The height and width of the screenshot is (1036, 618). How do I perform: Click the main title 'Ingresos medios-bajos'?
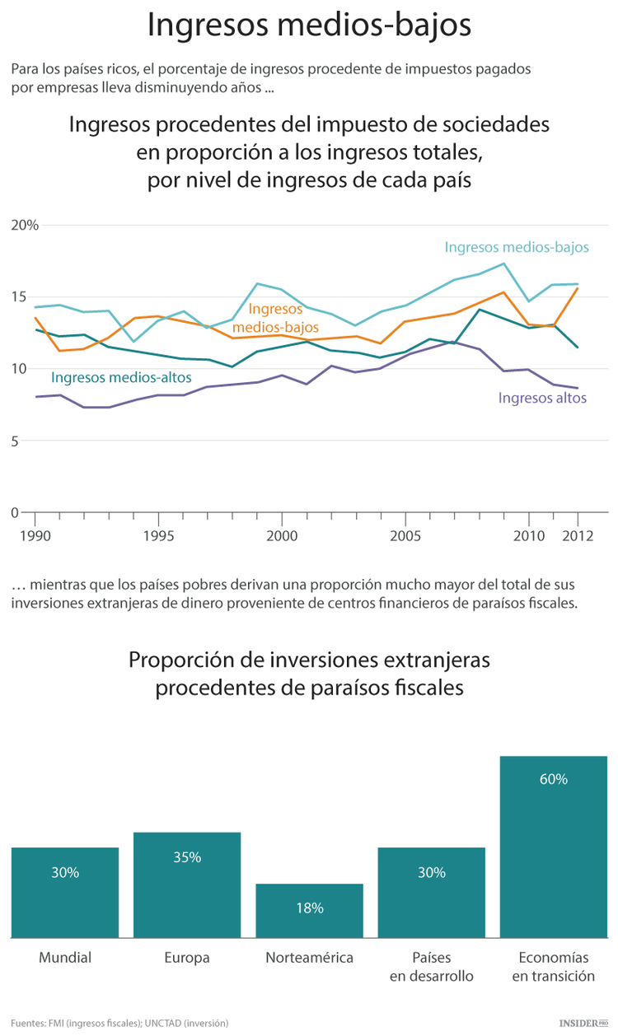click(x=309, y=25)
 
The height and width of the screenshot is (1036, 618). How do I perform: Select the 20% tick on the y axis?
click(x=25, y=225)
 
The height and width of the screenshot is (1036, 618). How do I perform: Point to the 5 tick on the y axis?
click(x=15, y=441)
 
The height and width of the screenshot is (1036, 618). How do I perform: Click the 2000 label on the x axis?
click(x=282, y=534)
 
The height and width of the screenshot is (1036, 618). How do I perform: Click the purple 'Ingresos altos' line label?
click(x=542, y=398)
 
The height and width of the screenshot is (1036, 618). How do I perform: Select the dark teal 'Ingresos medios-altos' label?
click(x=121, y=377)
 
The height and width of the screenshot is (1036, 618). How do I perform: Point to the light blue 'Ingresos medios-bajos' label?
click(x=517, y=247)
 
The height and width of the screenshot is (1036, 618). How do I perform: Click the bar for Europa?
click(x=187, y=884)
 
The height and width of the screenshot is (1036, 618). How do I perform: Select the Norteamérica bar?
click(x=309, y=910)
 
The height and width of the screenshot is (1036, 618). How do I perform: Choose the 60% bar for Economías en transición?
click(x=553, y=847)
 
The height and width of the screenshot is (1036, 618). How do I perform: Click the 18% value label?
click(x=309, y=908)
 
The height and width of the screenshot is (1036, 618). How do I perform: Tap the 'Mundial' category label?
click(x=65, y=958)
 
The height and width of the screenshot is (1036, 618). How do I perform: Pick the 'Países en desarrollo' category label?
click(x=431, y=967)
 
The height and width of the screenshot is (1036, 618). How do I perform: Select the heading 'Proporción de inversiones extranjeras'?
click(x=309, y=660)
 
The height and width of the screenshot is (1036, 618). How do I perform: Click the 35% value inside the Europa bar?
click(x=187, y=857)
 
